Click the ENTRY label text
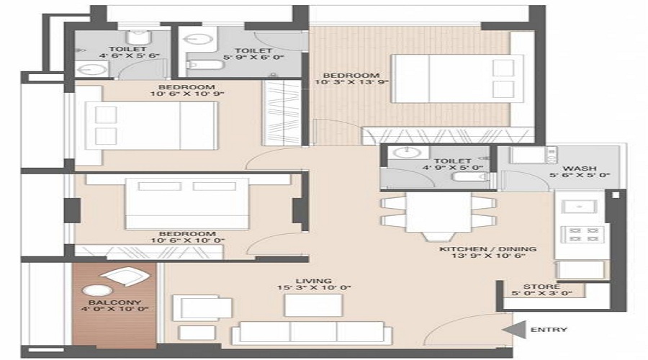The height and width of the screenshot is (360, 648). pyautogui.click(x=549, y=330)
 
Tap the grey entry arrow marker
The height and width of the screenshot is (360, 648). pyautogui.click(x=515, y=330)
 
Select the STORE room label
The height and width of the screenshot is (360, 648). pyautogui.click(x=541, y=287)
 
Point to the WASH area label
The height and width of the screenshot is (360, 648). pyautogui.click(x=580, y=168)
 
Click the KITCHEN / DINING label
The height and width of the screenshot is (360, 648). pyautogui.click(x=488, y=249)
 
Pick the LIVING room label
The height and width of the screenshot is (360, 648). pyautogui.click(x=314, y=281)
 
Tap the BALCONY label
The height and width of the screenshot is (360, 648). pyautogui.click(x=115, y=302)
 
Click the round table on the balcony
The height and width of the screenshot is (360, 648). pyautogui.click(x=97, y=291)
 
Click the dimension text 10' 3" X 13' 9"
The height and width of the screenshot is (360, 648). pyautogui.click(x=352, y=82)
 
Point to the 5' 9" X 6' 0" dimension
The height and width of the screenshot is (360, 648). pyautogui.click(x=253, y=58)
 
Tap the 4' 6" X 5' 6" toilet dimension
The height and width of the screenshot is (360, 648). pyautogui.click(x=129, y=55)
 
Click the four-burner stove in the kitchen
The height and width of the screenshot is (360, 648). pyautogui.click(x=582, y=234)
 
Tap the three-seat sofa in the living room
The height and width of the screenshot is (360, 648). pyautogui.click(x=312, y=333)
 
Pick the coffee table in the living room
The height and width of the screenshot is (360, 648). pyautogui.click(x=313, y=305)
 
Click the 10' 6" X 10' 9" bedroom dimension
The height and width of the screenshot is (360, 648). pyautogui.click(x=187, y=94)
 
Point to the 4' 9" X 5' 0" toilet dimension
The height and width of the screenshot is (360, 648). pyautogui.click(x=453, y=168)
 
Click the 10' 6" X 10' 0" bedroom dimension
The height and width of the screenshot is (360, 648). pyautogui.click(x=188, y=240)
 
